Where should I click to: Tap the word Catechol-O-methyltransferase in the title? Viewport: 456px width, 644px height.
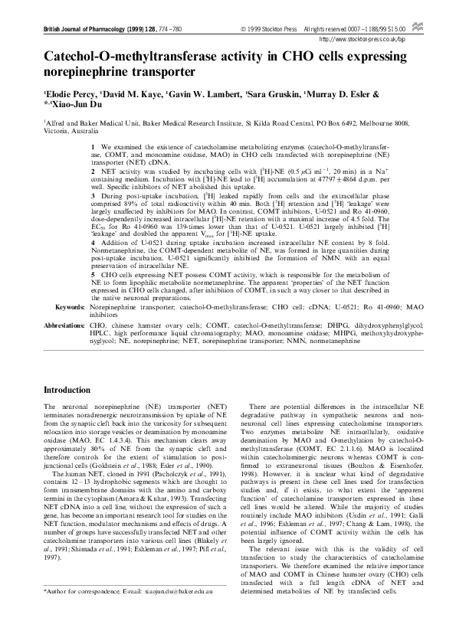click(x=135, y=57)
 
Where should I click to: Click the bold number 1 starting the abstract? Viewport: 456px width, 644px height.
click(x=93, y=145)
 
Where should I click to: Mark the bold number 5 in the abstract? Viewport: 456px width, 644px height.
click(x=93, y=295)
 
